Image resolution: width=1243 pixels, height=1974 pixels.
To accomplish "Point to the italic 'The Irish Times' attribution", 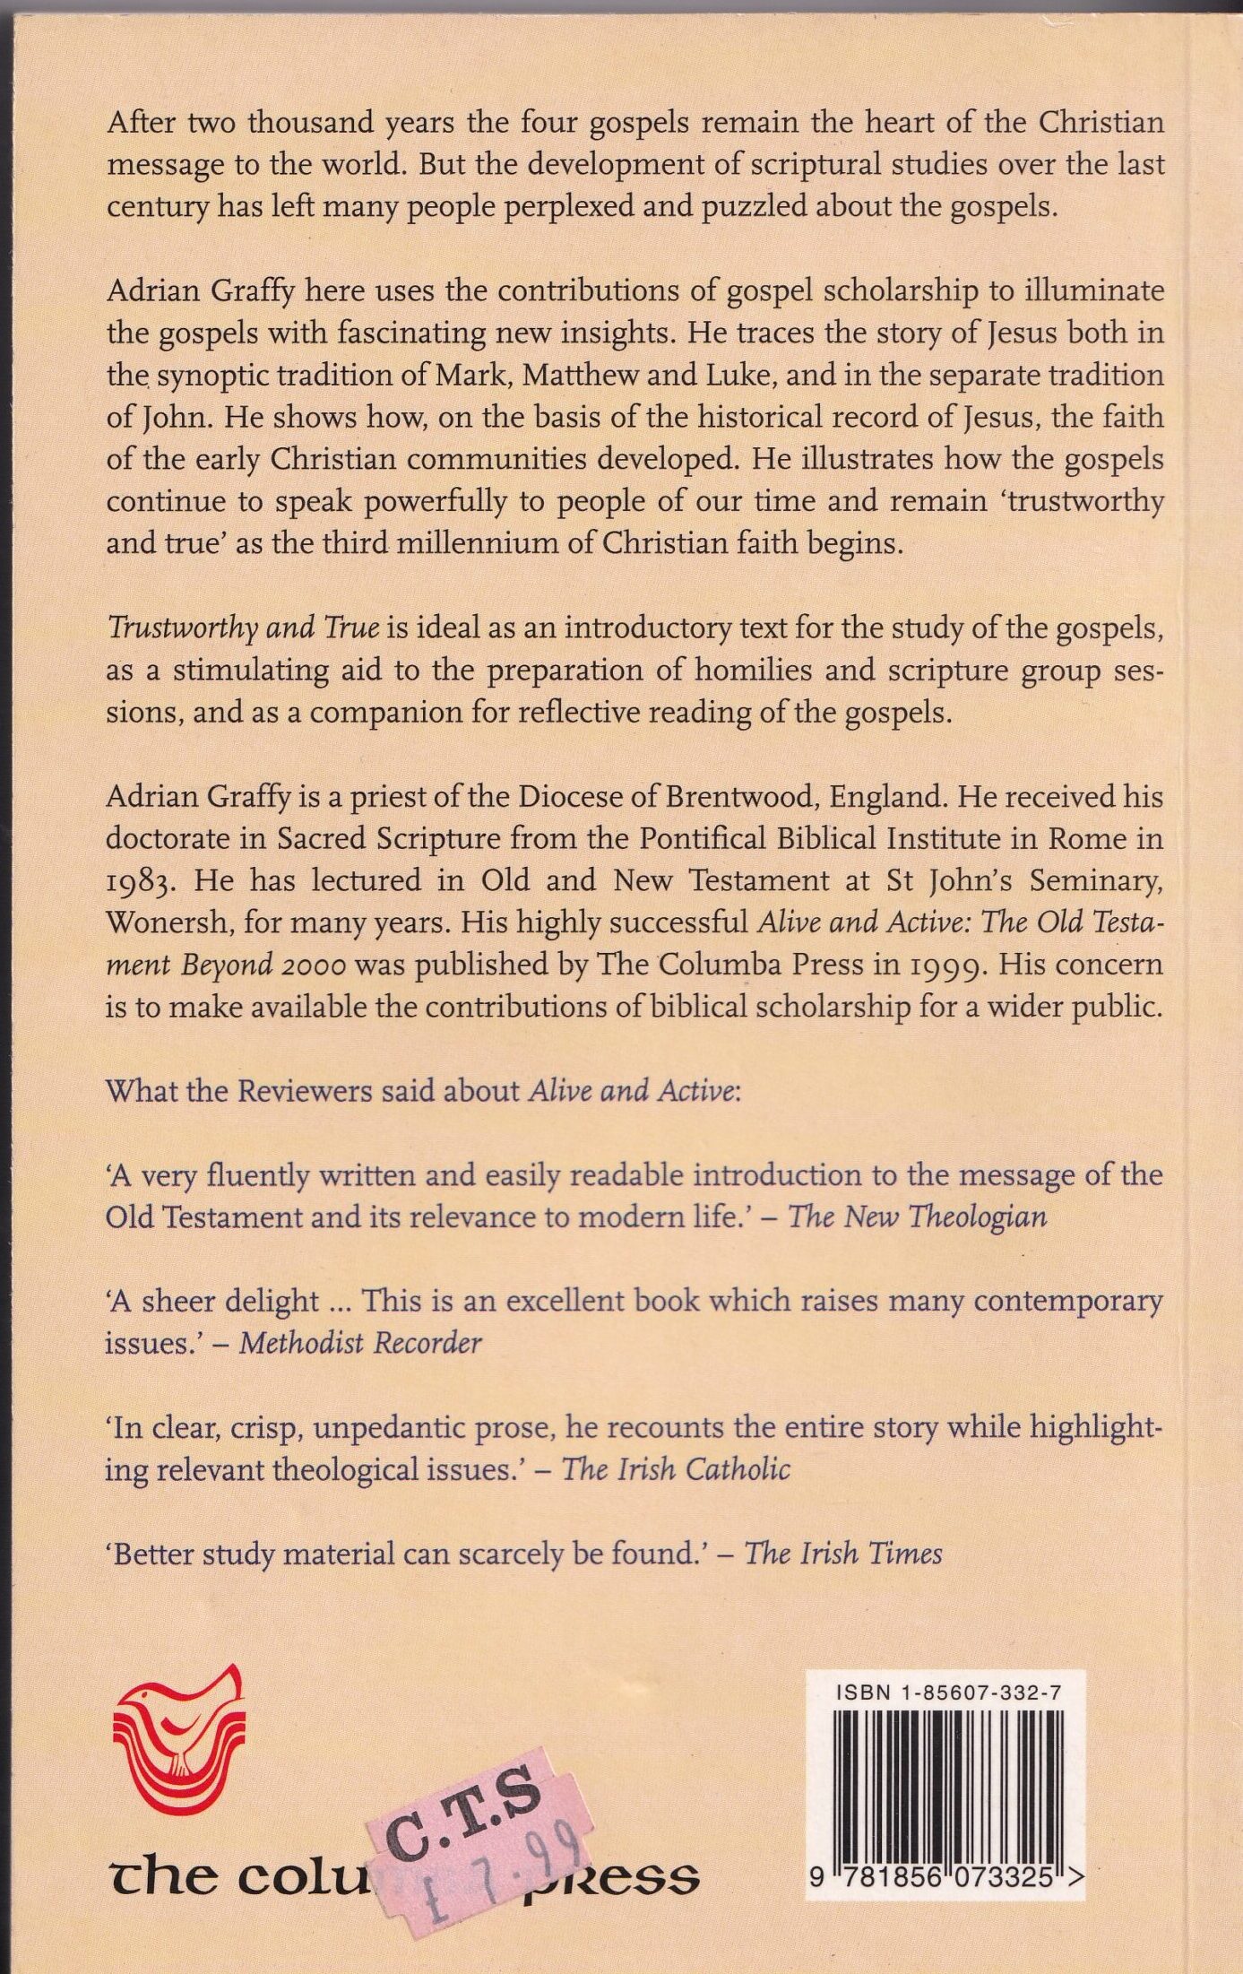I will [x=843, y=1553].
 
